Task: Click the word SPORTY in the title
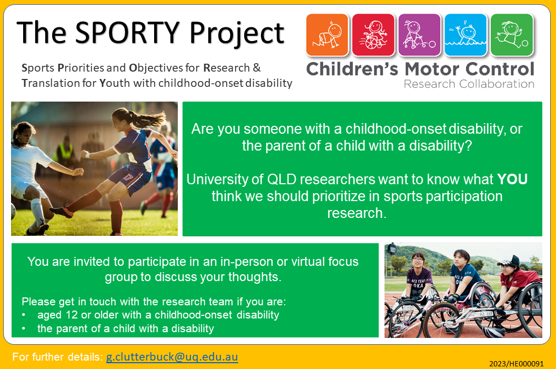pyautogui.click(x=127, y=32)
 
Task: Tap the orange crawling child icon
pyautogui.click(x=327, y=35)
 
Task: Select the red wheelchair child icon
pyautogui.click(x=373, y=35)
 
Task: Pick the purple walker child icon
pyautogui.click(x=419, y=35)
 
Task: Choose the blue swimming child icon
pyautogui.click(x=465, y=35)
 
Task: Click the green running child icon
pyautogui.click(x=512, y=35)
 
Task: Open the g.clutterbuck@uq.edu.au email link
pyautogui.click(x=172, y=356)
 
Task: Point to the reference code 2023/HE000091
pyautogui.click(x=517, y=364)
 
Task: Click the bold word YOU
pyautogui.click(x=512, y=179)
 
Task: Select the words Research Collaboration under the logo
pyautogui.click(x=469, y=84)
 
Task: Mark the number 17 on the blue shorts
pyautogui.click(x=128, y=176)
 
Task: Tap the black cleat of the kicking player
pyautogui.click(x=62, y=211)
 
